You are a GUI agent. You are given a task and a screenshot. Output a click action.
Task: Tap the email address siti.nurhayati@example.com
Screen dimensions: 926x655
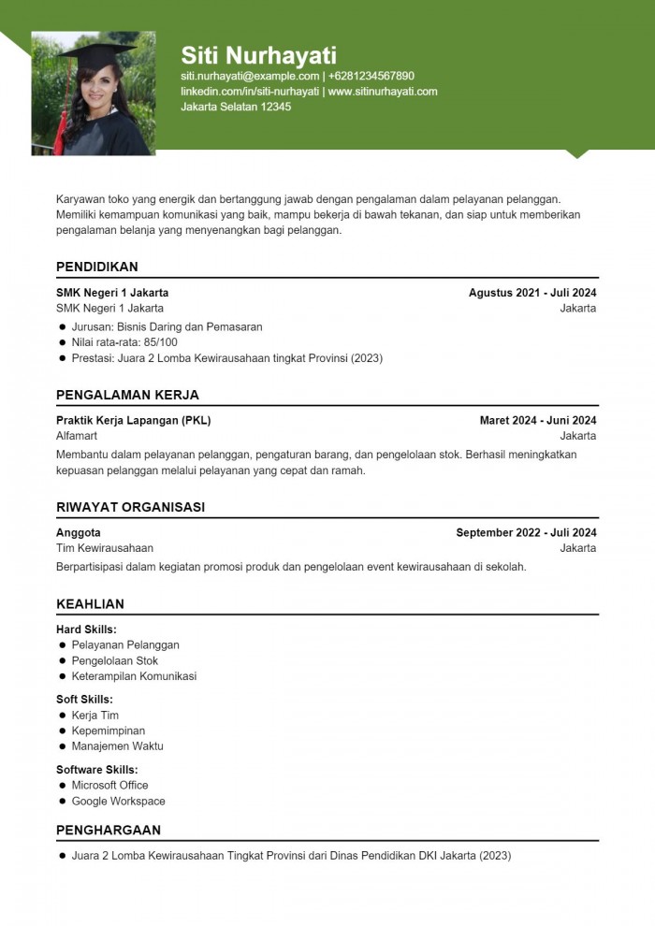click(x=250, y=76)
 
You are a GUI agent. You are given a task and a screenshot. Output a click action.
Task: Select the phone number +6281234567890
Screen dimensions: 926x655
click(x=371, y=76)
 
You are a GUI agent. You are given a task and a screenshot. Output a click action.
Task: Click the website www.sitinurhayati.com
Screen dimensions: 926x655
click(x=383, y=92)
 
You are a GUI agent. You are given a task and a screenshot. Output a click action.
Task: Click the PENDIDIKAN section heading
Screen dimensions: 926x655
click(x=97, y=267)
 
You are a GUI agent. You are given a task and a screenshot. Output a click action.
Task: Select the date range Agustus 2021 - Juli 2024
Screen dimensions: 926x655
click(x=532, y=293)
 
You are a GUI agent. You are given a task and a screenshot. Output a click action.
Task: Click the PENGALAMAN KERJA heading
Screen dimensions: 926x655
click(x=127, y=395)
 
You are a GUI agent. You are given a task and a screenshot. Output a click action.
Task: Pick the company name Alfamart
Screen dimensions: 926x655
click(x=77, y=436)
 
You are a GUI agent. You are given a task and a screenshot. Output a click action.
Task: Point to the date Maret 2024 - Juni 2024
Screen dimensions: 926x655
click(x=538, y=421)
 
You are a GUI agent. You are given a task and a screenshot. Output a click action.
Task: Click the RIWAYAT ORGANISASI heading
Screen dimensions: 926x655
click(x=130, y=507)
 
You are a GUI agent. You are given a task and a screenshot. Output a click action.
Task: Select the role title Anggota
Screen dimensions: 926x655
click(x=79, y=533)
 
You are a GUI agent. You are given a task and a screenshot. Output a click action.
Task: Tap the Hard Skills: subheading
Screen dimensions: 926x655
click(x=86, y=629)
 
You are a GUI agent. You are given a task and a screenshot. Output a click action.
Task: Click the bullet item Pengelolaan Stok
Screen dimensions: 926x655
click(x=115, y=660)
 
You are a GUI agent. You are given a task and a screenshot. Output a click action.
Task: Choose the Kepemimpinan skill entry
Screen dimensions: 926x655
click(x=109, y=731)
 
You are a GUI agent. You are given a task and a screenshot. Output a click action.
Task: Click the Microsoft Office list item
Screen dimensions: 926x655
click(x=109, y=785)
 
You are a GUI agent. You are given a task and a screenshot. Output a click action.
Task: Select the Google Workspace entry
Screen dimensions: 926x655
click(x=118, y=801)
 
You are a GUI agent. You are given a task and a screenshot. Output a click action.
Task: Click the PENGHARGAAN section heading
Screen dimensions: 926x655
click(x=109, y=830)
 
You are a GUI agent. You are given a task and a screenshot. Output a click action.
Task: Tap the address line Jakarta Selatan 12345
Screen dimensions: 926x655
click(x=236, y=107)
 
